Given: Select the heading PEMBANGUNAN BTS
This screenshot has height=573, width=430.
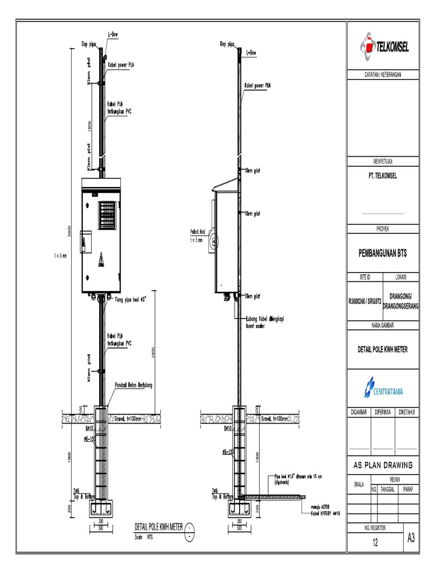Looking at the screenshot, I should click(383, 253).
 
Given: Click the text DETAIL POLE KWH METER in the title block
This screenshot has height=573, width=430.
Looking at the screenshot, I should click(383, 350).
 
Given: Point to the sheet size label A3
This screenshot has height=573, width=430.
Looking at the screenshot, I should click(411, 538).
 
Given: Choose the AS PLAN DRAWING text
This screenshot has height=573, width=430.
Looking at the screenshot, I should click(383, 465).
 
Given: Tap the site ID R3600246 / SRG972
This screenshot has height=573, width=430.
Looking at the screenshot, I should click(364, 300).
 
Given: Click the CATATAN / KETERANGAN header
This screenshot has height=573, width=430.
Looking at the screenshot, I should click(383, 74).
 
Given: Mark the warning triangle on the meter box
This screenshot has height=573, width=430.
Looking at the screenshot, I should click(101, 260).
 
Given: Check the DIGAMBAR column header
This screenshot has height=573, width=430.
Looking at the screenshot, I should click(359, 413).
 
